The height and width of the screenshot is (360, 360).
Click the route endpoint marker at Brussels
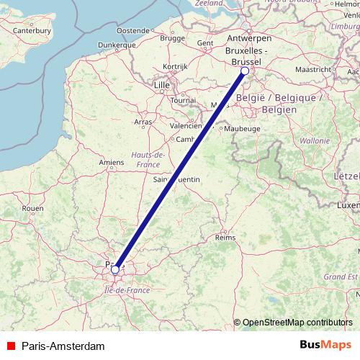245,71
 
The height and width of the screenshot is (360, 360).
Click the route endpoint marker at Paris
115,270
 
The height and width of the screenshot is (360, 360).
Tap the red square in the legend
11,346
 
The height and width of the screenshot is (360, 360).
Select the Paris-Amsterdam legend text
63,346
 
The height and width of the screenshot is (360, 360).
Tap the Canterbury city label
32,31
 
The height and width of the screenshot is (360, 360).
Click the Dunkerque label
96,44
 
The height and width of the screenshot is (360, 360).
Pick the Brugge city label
173,37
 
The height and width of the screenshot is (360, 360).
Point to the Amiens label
112,163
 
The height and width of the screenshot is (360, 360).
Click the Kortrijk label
175,66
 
